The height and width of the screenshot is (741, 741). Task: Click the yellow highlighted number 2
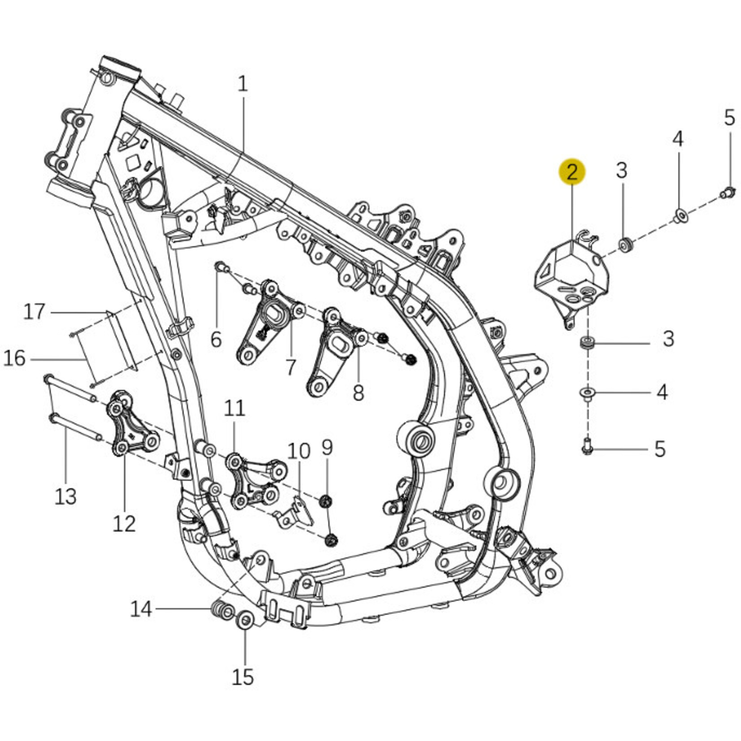point(572,172)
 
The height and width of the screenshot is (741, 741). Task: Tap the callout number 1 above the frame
point(243,84)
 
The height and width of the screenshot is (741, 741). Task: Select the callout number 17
point(35,311)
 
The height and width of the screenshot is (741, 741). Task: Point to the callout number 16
point(14,358)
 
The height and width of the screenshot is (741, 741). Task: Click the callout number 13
point(65,497)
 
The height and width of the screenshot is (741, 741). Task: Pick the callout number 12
point(124,523)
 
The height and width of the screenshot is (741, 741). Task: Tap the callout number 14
point(141,609)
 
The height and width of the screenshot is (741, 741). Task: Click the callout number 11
point(235,408)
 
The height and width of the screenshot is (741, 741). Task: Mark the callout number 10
point(299,451)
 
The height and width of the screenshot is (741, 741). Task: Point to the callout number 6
point(216,340)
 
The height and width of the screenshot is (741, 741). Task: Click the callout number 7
point(291,367)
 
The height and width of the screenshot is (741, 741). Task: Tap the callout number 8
point(358,393)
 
